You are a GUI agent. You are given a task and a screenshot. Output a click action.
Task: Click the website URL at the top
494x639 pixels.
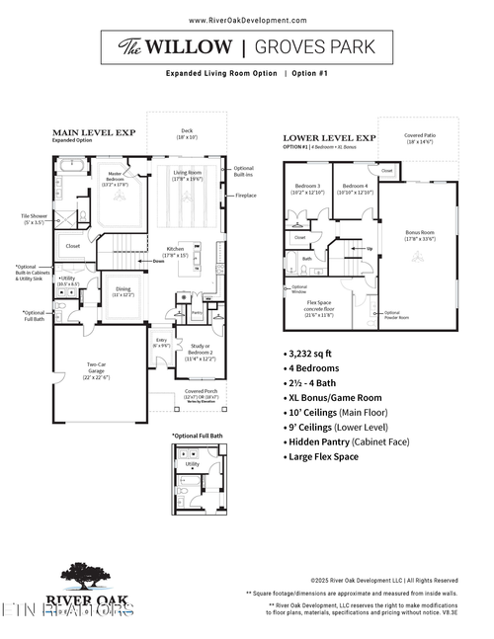[247, 20]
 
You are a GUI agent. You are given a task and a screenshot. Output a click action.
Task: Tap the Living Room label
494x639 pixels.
[188, 176]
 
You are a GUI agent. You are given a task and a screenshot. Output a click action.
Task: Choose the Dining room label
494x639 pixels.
[123, 291]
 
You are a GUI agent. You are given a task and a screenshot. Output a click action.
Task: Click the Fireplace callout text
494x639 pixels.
[246, 196]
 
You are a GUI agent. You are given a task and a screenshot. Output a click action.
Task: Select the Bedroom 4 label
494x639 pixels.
[356, 189]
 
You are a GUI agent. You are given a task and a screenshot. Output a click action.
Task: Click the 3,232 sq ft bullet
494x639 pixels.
[314, 352]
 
